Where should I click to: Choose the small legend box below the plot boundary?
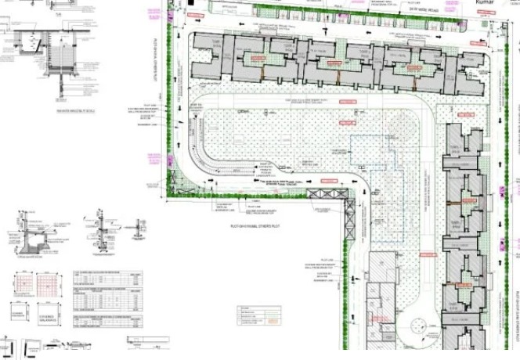(x=258, y=314)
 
